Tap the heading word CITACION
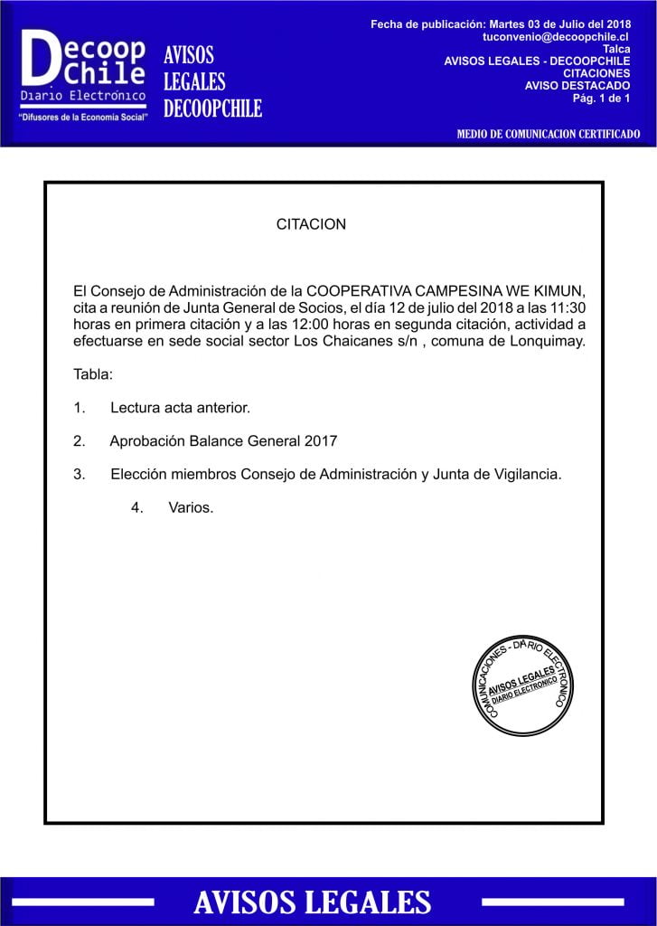point(311,223)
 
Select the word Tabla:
point(93,374)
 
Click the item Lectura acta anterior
point(180,408)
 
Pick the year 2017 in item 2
point(320,441)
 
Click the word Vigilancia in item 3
point(522,474)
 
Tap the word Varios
point(191,507)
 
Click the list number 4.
point(136,507)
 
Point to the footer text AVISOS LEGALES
point(312,902)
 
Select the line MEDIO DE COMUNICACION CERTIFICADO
point(548,135)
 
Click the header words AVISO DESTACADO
point(577,86)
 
